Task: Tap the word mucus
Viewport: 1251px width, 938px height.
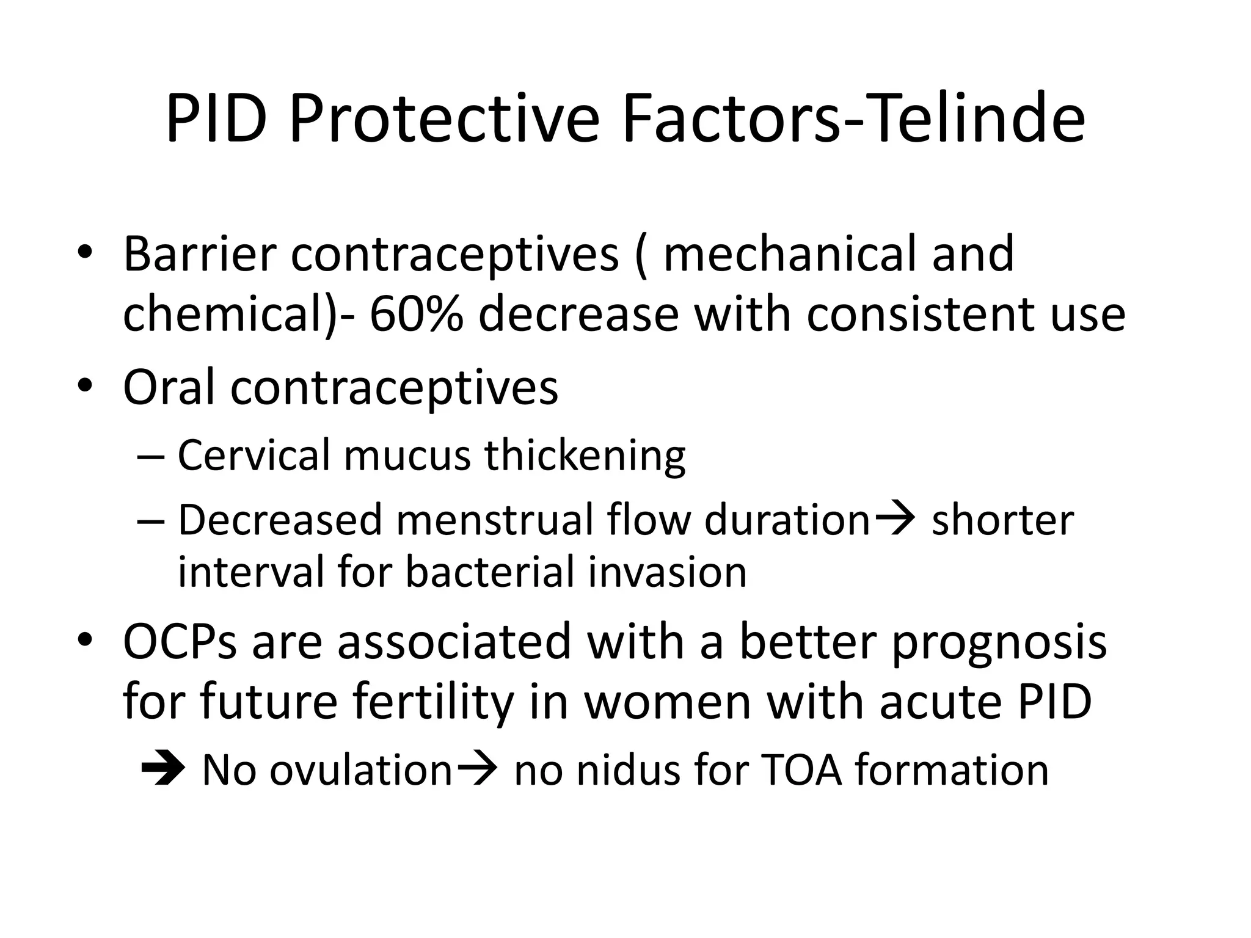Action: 407,456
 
